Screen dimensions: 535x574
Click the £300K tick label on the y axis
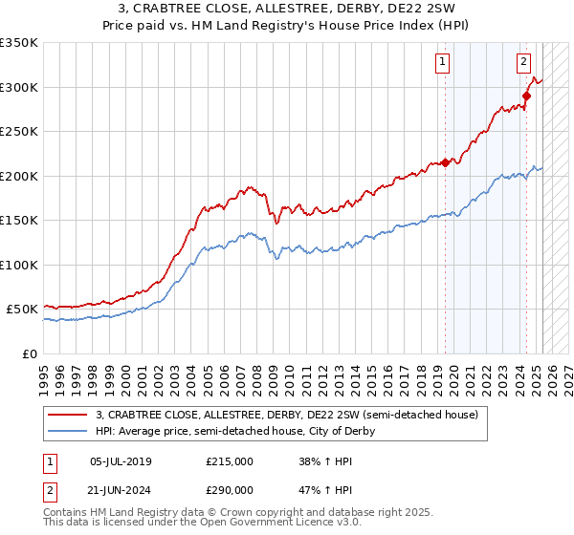(x=18, y=87)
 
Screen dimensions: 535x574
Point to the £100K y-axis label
(x=18, y=265)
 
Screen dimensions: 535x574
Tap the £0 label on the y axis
(x=29, y=353)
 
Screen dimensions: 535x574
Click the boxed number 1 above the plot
(x=443, y=63)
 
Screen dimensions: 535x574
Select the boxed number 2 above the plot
(x=524, y=63)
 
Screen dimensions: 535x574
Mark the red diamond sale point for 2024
(x=526, y=96)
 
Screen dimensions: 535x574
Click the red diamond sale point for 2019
(x=446, y=162)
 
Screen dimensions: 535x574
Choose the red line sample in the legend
(x=68, y=415)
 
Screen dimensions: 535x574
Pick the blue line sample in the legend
(x=68, y=431)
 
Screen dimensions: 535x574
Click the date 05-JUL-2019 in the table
(x=121, y=461)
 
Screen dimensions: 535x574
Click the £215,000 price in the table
(x=230, y=461)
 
